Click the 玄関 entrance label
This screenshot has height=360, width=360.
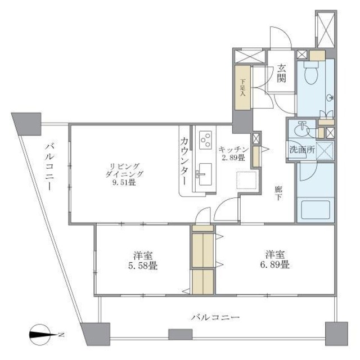pos(281,74)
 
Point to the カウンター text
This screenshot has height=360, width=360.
pos(184,161)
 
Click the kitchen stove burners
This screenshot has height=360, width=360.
pos(205,138)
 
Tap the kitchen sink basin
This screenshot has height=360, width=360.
pos(204,172)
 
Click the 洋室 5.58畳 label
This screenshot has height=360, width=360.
pos(141,259)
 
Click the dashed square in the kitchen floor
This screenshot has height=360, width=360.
pos(246,180)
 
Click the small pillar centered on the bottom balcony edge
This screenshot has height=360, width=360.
pos(177,334)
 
